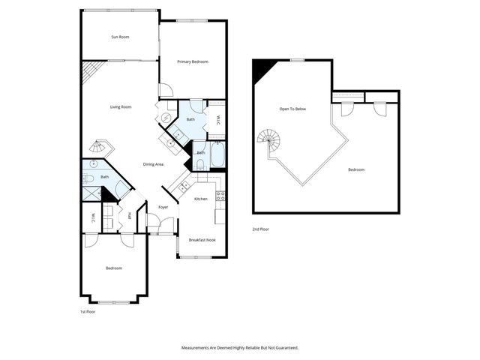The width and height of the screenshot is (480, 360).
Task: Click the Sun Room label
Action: [x=121, y=36]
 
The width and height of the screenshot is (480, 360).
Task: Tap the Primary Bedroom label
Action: [x=192, y=61]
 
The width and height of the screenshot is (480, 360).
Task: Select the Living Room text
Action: [x=121, y=107]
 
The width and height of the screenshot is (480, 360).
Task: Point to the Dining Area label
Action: [x=154, y=164]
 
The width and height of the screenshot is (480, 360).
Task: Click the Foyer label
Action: [x=163, y=207]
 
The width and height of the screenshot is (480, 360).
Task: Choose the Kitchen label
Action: [x=201, y=199]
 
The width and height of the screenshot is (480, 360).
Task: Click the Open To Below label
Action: [x=292, y=109]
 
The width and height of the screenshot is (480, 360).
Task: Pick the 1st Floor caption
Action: [x=88, y=311]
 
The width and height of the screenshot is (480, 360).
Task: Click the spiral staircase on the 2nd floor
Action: [x=268, y=139]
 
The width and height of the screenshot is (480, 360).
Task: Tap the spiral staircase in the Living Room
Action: [x=99, y=147]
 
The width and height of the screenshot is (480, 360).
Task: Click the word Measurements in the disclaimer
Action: [x=198, y=348]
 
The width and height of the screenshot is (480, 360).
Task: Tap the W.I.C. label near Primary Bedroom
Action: [x=218, y=119]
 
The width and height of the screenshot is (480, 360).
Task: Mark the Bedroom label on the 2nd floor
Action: [x=356, y=170]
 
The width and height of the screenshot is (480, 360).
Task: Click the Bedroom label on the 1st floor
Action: [x=113, y=268]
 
